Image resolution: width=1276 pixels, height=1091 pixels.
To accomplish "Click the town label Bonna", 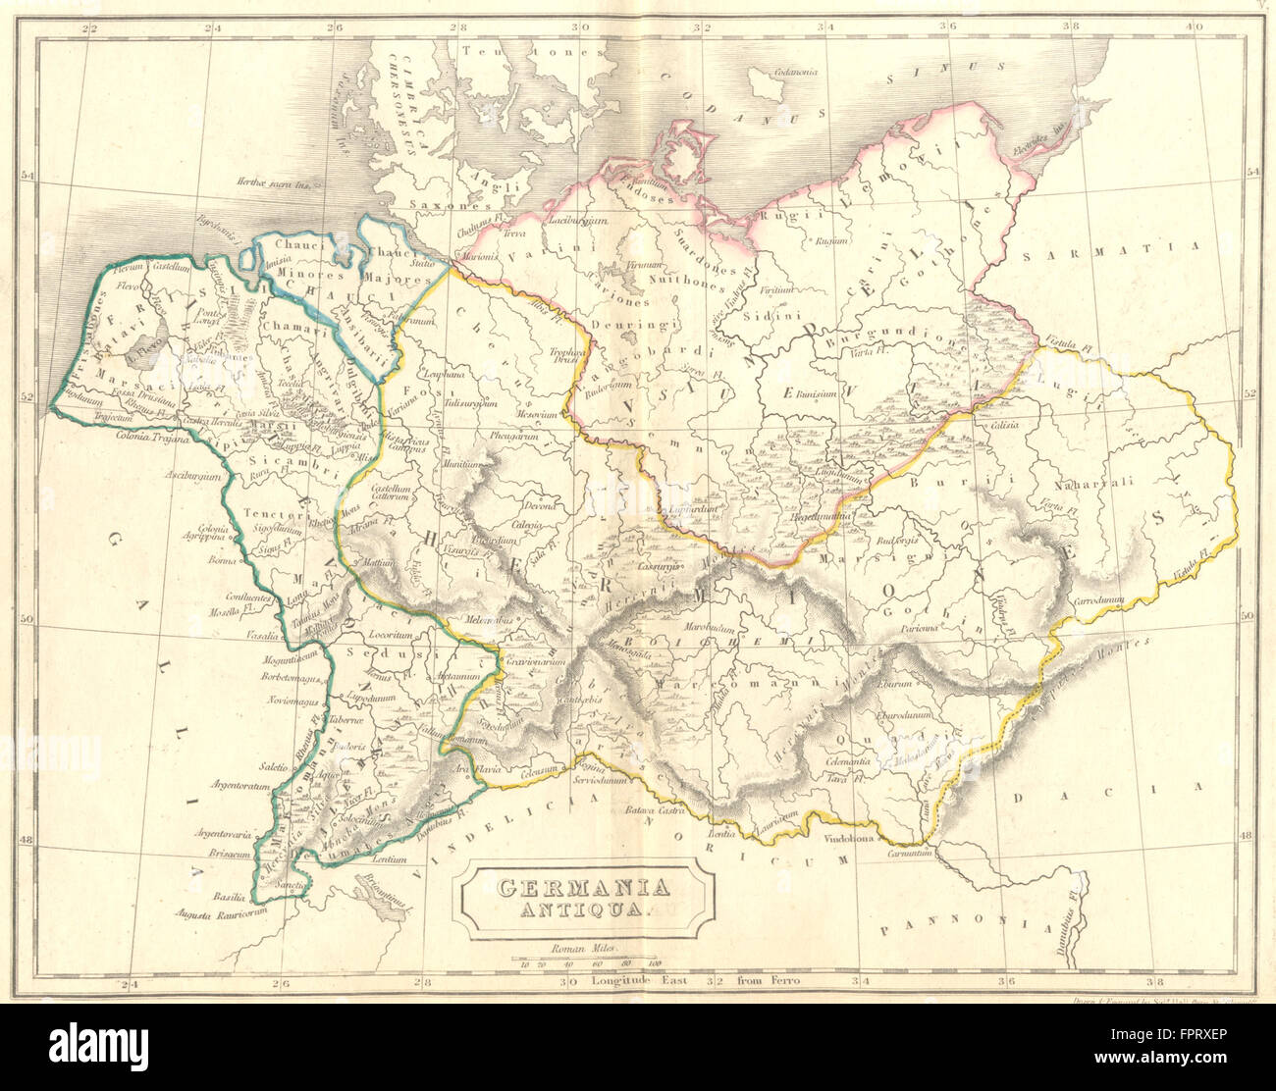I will [222, 561].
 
